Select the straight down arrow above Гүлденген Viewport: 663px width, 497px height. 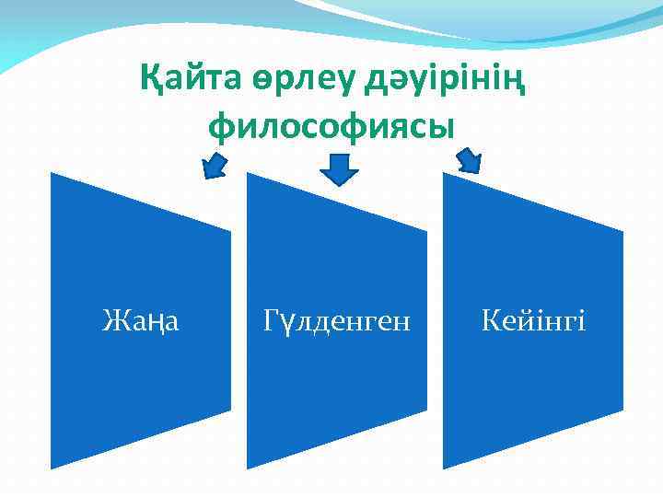[x=339, y=167]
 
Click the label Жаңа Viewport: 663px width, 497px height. [x=141, y=321]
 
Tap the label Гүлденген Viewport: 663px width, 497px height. [x=336, y=321]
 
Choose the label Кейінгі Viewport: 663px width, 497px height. [x=533, y=321]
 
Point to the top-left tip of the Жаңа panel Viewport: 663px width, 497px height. [x=52, y=174]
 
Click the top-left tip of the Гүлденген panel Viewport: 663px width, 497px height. [x=248, y=174]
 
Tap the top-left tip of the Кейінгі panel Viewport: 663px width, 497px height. [x=444, y=174]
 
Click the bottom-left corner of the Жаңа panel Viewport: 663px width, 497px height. [x=52, y=468]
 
